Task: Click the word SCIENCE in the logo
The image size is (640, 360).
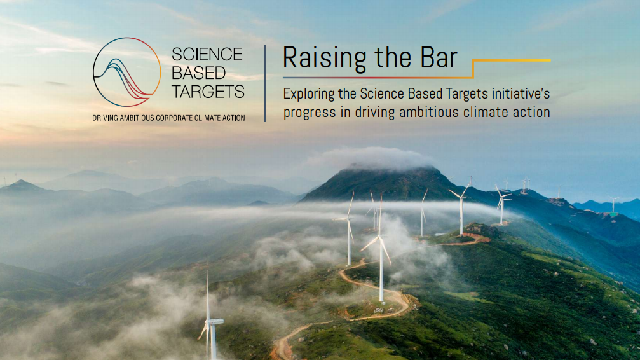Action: pyautogui.click(x=207, y=54)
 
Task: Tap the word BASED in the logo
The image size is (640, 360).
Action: pyautogui.click(x=198, y=73)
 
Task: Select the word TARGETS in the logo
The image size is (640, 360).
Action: pyautogui.click(x=208, y=92)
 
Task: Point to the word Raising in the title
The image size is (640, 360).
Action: pyautogui.click(x=324, y=58)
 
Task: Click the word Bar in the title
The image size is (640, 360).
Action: pyautogui.click(x=438, y=58)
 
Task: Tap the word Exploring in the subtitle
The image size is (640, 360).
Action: pyautogui.click(x=309, y=94)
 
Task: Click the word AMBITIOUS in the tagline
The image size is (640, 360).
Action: pyautogui.click(x=137, y=118)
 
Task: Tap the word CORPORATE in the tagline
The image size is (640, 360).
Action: pyautogui.click(x=174, y=118)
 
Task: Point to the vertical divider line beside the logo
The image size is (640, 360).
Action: pyautogui.click(x=265, y=83)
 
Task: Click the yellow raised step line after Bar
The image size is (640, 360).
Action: pyautogui.click(x=511, y=60)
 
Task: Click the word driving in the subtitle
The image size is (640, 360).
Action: pyautogui.click(x=375, y=113)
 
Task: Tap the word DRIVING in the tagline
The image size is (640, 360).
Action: pyautogui.click(x=105, y=118)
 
